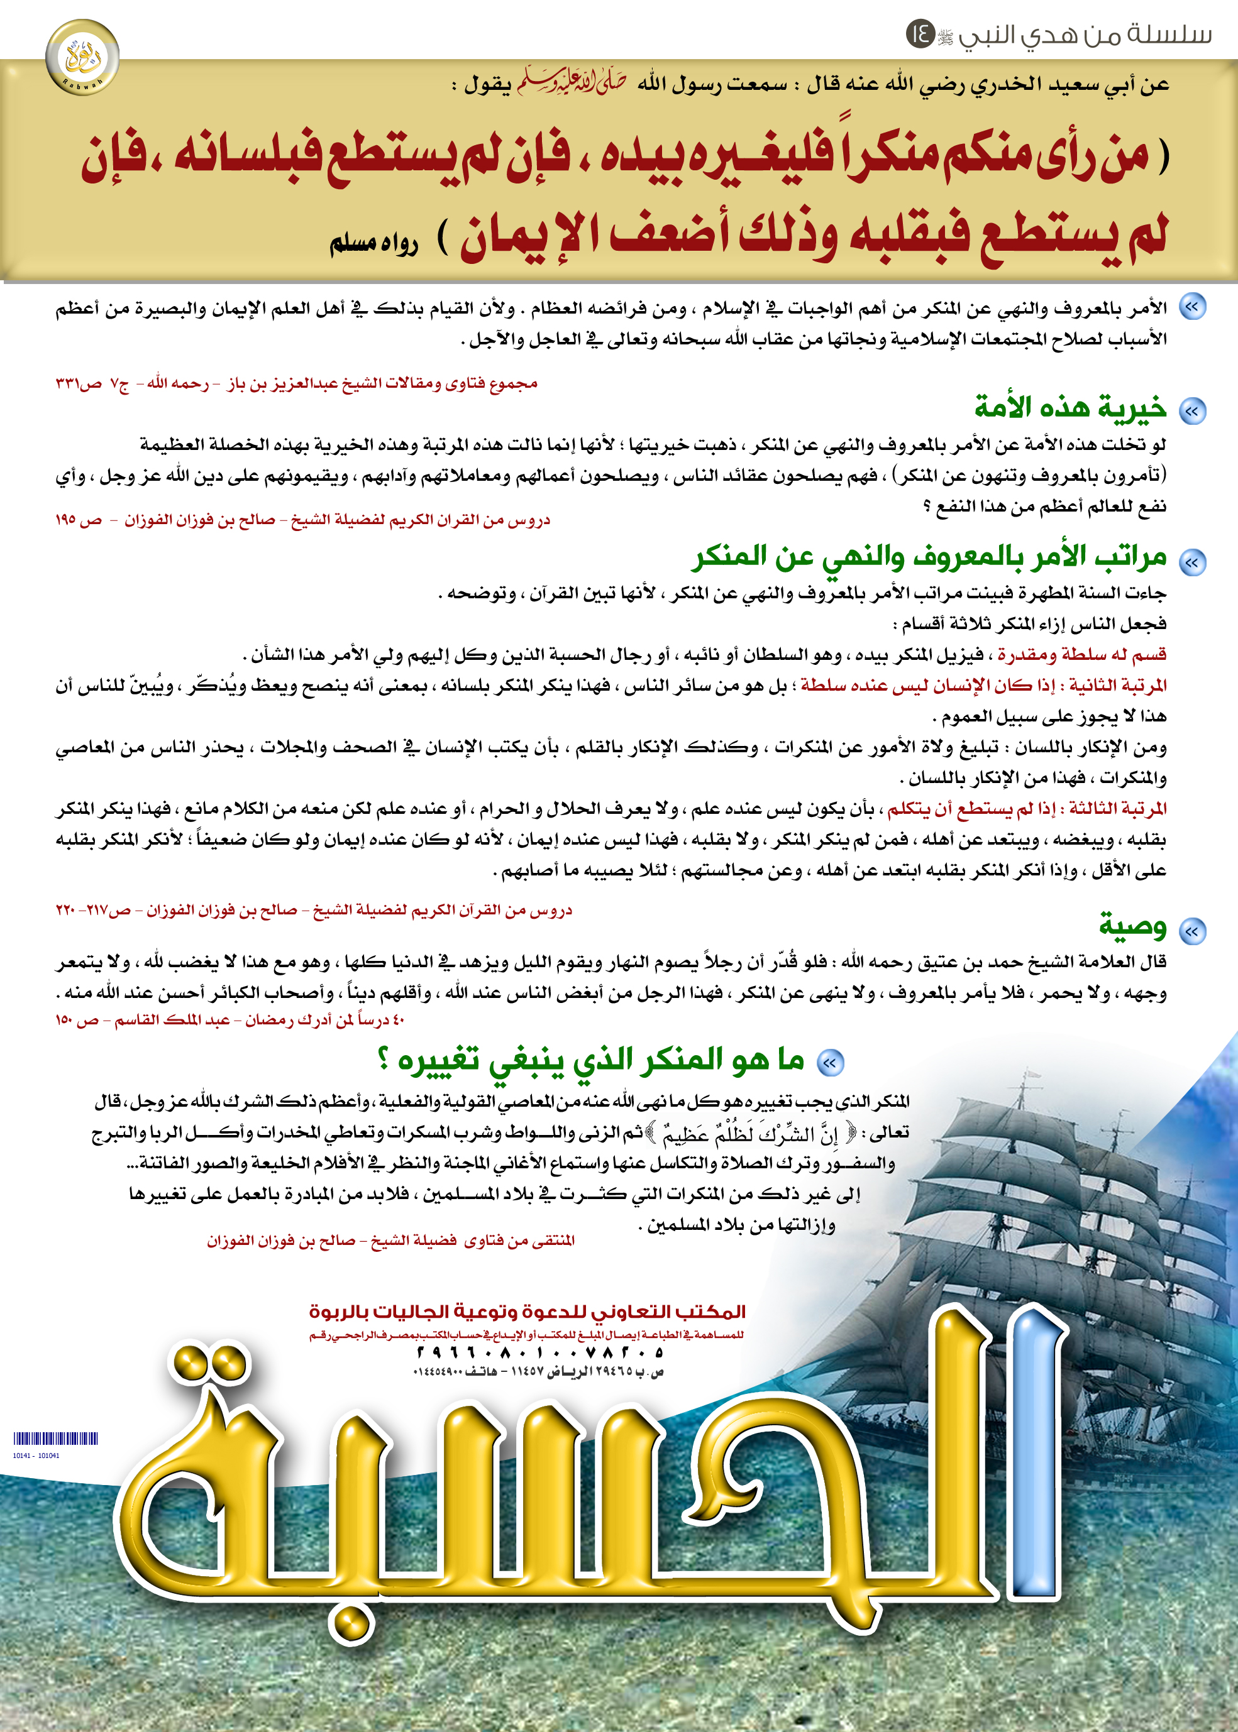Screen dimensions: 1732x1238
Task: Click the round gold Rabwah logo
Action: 82,57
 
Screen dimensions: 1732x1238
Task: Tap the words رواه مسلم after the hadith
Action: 373,243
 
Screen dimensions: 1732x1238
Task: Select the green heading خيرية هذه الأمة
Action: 1070,408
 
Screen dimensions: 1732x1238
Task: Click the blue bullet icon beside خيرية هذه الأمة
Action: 1191,412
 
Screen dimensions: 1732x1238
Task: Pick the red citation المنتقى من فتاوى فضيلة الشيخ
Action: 390,1241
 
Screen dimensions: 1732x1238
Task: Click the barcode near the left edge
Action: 56,1439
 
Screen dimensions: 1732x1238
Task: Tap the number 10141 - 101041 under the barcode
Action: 36,1455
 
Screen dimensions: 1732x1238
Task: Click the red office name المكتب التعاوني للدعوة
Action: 527,1312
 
